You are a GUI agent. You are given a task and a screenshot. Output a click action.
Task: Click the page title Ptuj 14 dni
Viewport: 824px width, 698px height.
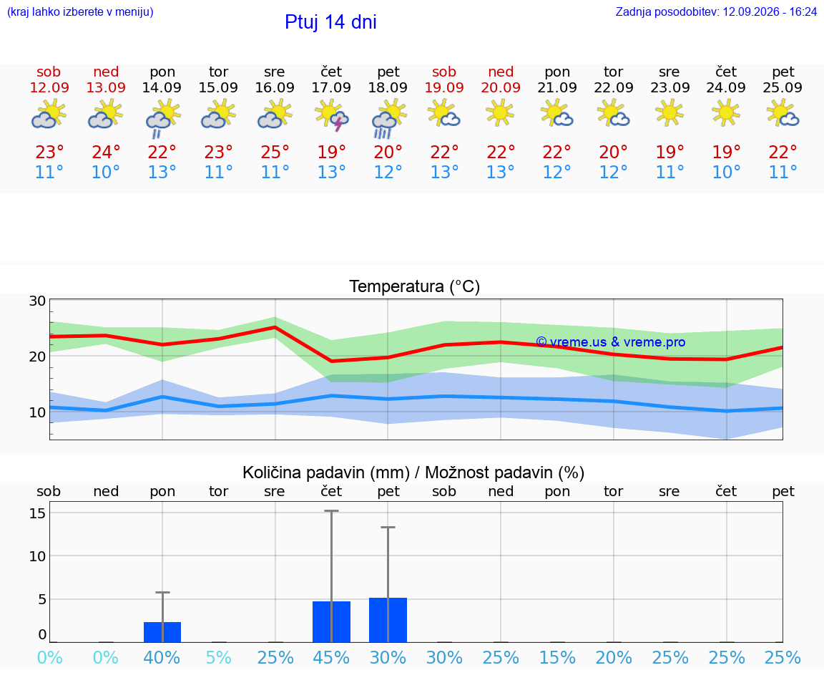coord(330,22)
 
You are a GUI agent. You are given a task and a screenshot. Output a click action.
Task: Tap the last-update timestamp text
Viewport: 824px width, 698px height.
coord(716,11)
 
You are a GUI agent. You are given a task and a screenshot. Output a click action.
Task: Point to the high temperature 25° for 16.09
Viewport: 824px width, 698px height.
coord(275,152)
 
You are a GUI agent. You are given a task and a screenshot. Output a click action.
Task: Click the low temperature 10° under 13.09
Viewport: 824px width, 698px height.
coord(106,172)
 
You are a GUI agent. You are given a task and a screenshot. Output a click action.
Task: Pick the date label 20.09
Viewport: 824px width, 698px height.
coord(501,87)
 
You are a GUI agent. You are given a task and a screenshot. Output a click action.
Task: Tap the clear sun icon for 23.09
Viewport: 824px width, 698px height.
coord(669,113)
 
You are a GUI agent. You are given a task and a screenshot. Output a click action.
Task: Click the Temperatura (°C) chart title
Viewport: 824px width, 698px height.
coord(415,286)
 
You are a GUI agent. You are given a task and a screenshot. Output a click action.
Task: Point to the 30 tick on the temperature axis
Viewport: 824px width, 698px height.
coord(37,301)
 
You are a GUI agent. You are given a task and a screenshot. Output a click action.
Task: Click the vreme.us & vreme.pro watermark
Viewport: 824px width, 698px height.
coord(611,342)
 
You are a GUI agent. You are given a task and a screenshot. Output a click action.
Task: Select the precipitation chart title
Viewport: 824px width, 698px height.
coord(413,472)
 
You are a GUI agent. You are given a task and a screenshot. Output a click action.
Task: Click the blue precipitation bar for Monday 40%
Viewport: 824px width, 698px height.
coord(162,632)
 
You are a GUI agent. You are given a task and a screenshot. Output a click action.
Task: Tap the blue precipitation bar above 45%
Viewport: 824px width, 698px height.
coord(332,621)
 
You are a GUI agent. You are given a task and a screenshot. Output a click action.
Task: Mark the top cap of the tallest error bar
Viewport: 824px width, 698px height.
coord(332,510)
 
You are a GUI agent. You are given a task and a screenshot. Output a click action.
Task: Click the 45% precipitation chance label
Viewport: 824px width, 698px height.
coord(331,657)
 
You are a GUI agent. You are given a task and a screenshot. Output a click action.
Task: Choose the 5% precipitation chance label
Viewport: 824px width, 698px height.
coord(219,657)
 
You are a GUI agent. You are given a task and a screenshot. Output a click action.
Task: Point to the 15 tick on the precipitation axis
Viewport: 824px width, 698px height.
coord(37,513)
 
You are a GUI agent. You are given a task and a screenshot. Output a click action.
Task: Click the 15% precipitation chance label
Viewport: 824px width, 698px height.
coord(558,657)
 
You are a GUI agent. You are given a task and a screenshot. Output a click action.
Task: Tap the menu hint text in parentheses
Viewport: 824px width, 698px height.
coord(80,11)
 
